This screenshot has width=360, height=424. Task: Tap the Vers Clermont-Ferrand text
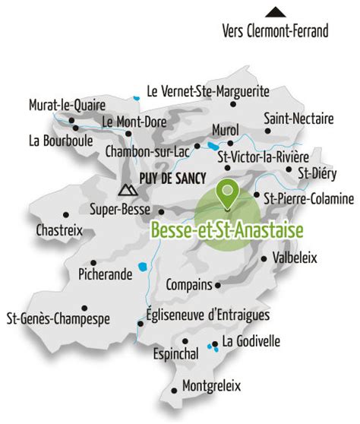276,31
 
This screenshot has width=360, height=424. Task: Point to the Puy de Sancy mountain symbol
125,190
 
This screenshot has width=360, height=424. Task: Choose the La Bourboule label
60,141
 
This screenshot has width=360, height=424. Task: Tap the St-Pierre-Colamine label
308,198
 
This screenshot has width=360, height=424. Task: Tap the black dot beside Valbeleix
264,258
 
